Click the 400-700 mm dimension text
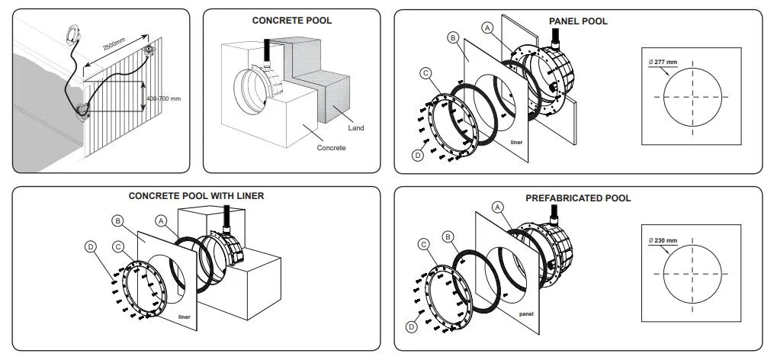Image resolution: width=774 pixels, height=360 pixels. coord(164,98)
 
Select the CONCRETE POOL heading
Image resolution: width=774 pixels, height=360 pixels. coord(292,21)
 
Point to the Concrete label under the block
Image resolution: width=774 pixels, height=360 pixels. coord(332,148)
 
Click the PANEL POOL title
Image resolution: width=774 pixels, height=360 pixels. coord(578,21)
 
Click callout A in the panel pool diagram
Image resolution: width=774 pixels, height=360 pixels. coord(488,27)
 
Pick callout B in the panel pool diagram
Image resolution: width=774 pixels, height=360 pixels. coord(453,37)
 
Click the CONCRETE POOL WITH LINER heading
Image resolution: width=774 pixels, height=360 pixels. coord(196,196)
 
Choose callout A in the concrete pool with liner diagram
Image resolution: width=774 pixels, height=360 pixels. coord(161,220)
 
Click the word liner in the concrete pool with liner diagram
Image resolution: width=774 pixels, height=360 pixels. coord(184,316)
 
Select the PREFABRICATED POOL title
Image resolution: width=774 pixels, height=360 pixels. coord(578,198)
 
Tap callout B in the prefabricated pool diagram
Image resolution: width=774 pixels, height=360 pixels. coord(450,236)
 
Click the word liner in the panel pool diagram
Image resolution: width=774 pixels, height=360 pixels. coord(516,142)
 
